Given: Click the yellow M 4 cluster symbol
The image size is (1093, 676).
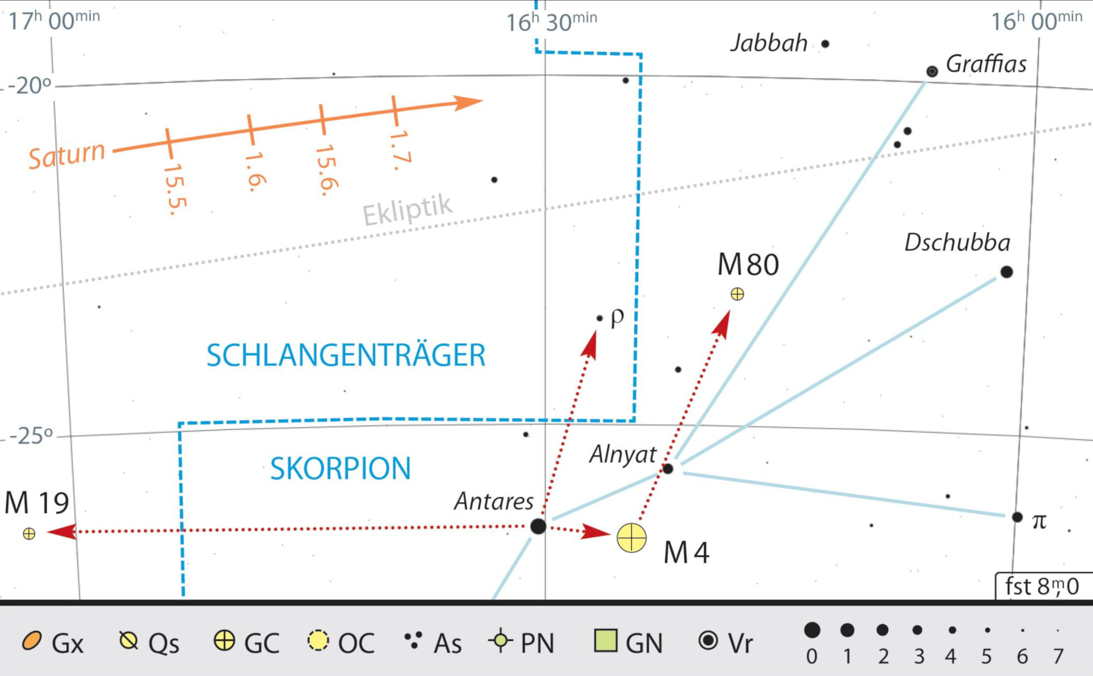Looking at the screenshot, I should coord(631,538).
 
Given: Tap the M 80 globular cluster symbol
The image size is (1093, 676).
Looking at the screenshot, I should coord(737,294).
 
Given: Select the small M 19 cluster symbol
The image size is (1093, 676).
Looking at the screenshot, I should coord(29,534).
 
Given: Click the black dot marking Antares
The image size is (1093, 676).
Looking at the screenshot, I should coord(538,526).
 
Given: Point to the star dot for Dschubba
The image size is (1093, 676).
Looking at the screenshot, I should coord(1007,272).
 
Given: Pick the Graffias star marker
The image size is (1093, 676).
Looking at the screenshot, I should coord(932,71).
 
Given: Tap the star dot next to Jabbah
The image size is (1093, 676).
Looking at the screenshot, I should coord(825,44).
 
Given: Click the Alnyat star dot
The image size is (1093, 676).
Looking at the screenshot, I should coord(668,469).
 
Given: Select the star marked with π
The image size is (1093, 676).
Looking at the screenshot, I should coord(1017,517).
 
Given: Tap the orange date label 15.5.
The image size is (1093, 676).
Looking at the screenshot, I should coord(175,189).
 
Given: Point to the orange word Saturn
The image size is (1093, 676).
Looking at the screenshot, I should coord(67,155).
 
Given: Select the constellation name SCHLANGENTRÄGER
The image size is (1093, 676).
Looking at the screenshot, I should coord(346,355).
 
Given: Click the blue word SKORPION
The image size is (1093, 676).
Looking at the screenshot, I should coord(340,469).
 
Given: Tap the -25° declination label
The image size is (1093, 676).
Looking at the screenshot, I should coord(31,435).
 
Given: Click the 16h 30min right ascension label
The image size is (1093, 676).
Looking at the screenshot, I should coord(551,22).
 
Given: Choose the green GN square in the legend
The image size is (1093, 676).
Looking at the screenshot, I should coord(606,640).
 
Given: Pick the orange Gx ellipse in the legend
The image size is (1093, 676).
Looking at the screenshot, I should coord(32,641).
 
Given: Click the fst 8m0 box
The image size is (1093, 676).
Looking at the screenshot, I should coord(1042,586).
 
